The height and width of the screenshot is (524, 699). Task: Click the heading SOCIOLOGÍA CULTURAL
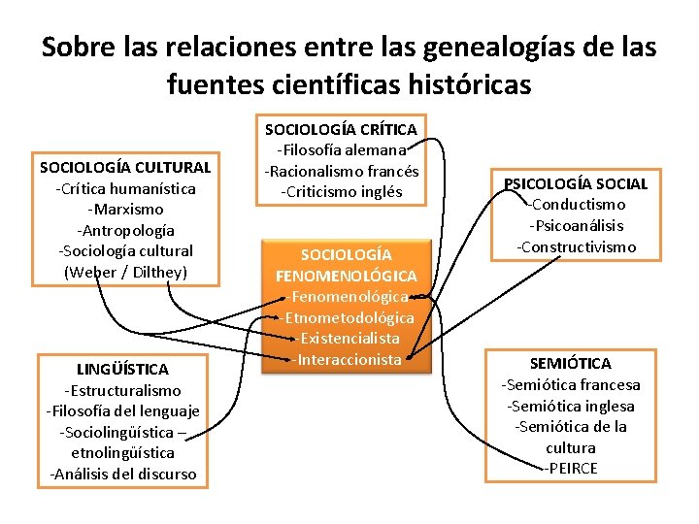(x=125, y=167)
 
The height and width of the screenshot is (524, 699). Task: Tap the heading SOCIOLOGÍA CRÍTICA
(x=341, y=129)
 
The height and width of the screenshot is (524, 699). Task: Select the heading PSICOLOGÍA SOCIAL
(x=576, y=183)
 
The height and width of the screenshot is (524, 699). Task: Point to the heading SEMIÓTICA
(x=570, y=363)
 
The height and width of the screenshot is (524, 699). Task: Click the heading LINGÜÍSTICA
(x=122, y=369)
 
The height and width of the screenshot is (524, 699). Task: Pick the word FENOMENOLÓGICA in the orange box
(x=347, y=276)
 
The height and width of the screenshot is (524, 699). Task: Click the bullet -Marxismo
(x=125, y=209)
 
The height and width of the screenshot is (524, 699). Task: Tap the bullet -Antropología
(x=125, y=230)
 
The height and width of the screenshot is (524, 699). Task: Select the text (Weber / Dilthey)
(x=125, y=272)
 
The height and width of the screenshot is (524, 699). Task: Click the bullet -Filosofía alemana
(x=341, y=149)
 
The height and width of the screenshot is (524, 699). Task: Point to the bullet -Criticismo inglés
(x=341, y=191)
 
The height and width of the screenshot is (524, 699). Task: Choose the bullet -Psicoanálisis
(x=576, y=225)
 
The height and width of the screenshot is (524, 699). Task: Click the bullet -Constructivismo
(x=576, y=246)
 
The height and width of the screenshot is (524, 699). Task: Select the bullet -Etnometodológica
(x=347, y=317)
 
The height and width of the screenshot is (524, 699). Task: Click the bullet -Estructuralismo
(x=122, y=390)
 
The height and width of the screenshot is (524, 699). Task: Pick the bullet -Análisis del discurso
(x=122, y=474)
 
